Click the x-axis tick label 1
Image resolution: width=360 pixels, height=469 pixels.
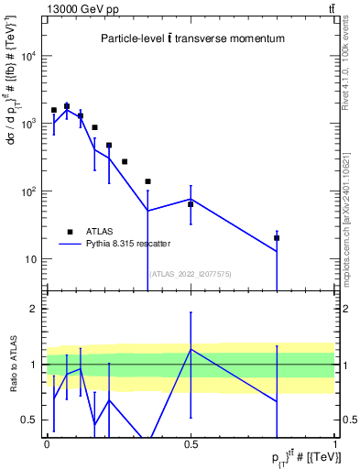pos(334,443)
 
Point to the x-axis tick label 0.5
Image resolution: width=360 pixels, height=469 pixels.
pos(191,443)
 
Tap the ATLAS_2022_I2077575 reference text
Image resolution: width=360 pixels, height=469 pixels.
pos(190,273)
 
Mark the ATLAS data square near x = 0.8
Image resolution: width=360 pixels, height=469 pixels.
pos(277,238)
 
